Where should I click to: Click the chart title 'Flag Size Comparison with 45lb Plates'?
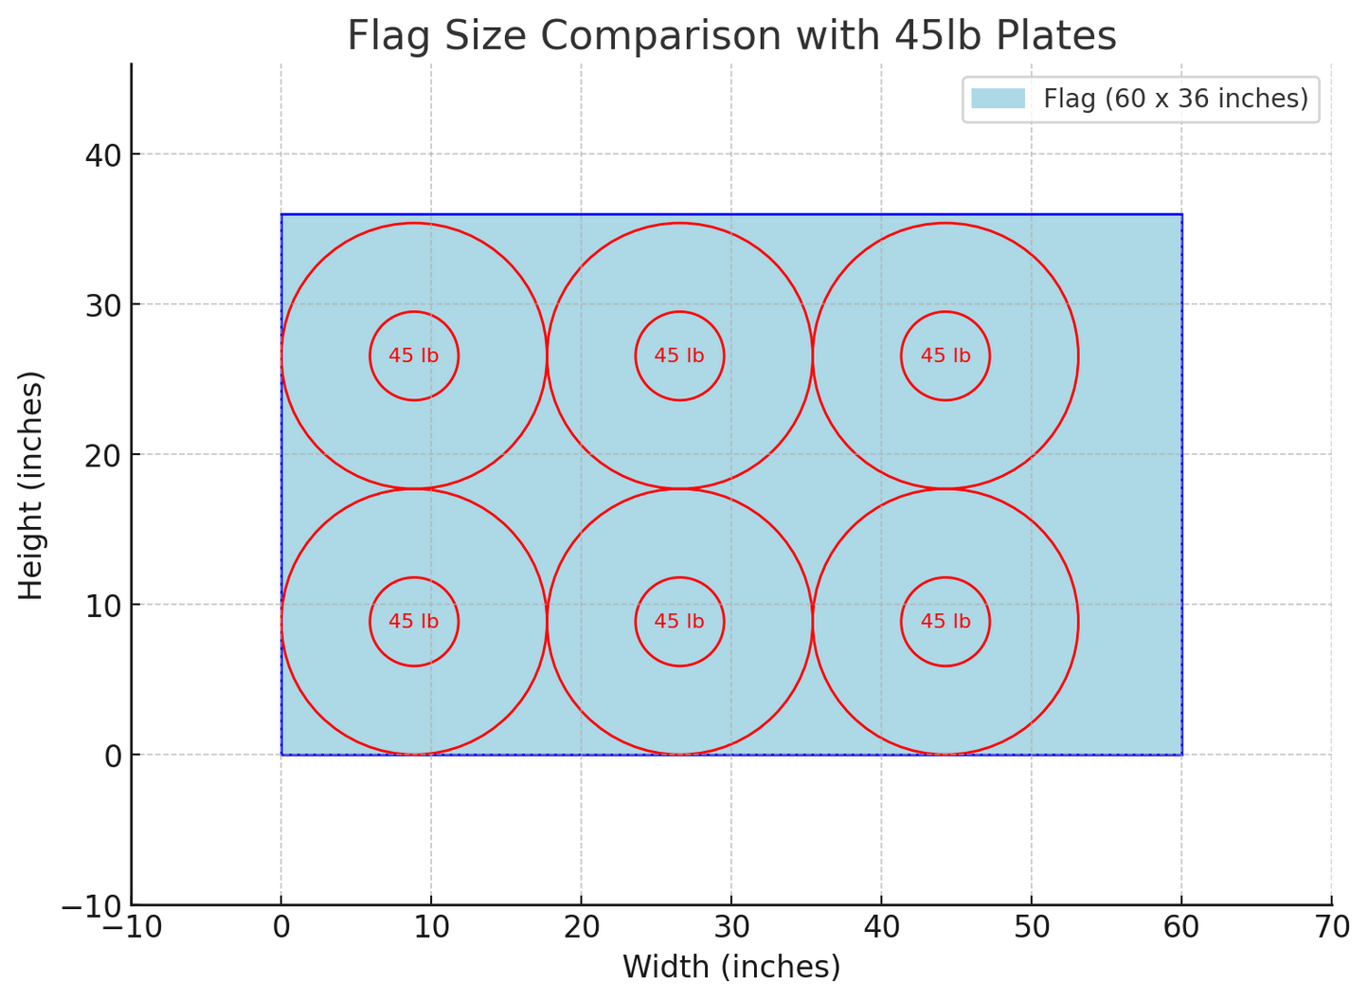click(731, 36)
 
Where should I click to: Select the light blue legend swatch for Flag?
click(998, 99)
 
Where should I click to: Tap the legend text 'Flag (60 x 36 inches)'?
click(1175, 99)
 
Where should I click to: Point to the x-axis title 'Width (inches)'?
click(731, 967)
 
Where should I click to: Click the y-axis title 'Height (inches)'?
click(32, 485)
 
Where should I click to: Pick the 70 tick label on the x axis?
click(1331, 927)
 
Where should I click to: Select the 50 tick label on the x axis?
click(1031, 927)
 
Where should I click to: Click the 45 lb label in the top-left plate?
click(414, 356)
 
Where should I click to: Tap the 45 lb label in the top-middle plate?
click(679, 356)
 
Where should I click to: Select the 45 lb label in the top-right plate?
click(946, 356)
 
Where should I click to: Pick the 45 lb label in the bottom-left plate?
click(414, 622)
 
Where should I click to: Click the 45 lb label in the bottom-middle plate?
click(679, 622)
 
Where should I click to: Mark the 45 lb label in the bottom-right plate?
click(946, 622)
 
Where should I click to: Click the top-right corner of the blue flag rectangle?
click(1181, 214)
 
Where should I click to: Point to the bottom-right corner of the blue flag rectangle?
click(1181, 755)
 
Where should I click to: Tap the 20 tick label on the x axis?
click(581, 927)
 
